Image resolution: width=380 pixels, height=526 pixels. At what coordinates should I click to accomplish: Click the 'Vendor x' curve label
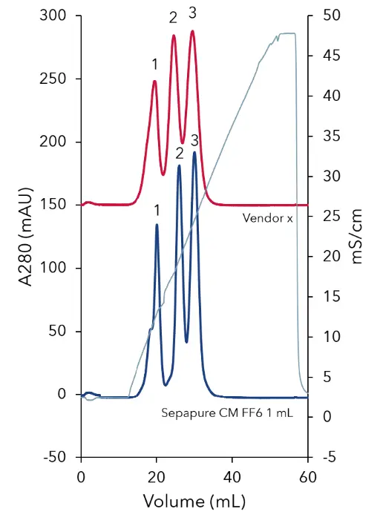(x=268, y=219)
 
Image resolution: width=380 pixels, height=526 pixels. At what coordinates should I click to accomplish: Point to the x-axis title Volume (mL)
(x=194, y=501)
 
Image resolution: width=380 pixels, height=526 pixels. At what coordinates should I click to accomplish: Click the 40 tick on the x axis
(x=232, y=476)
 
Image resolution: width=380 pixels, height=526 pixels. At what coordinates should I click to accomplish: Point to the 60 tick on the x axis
(x=307, y=476)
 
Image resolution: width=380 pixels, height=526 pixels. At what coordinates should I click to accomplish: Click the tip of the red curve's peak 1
(x=155, y=81)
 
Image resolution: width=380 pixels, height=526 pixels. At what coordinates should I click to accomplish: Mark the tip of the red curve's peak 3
(x=192, y=31)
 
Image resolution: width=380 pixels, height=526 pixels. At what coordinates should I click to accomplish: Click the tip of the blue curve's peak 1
(x=157, y=225)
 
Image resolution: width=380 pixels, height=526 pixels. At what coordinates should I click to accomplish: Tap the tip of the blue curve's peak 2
(x=179, y=166)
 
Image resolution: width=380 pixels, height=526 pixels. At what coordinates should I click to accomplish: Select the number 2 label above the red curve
(x=173, y=17)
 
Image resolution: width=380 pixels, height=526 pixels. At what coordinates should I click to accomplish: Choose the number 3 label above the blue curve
(x=195, y=139)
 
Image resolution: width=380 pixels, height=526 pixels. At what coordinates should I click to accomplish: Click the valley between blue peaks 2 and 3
(x=186, y=342)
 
